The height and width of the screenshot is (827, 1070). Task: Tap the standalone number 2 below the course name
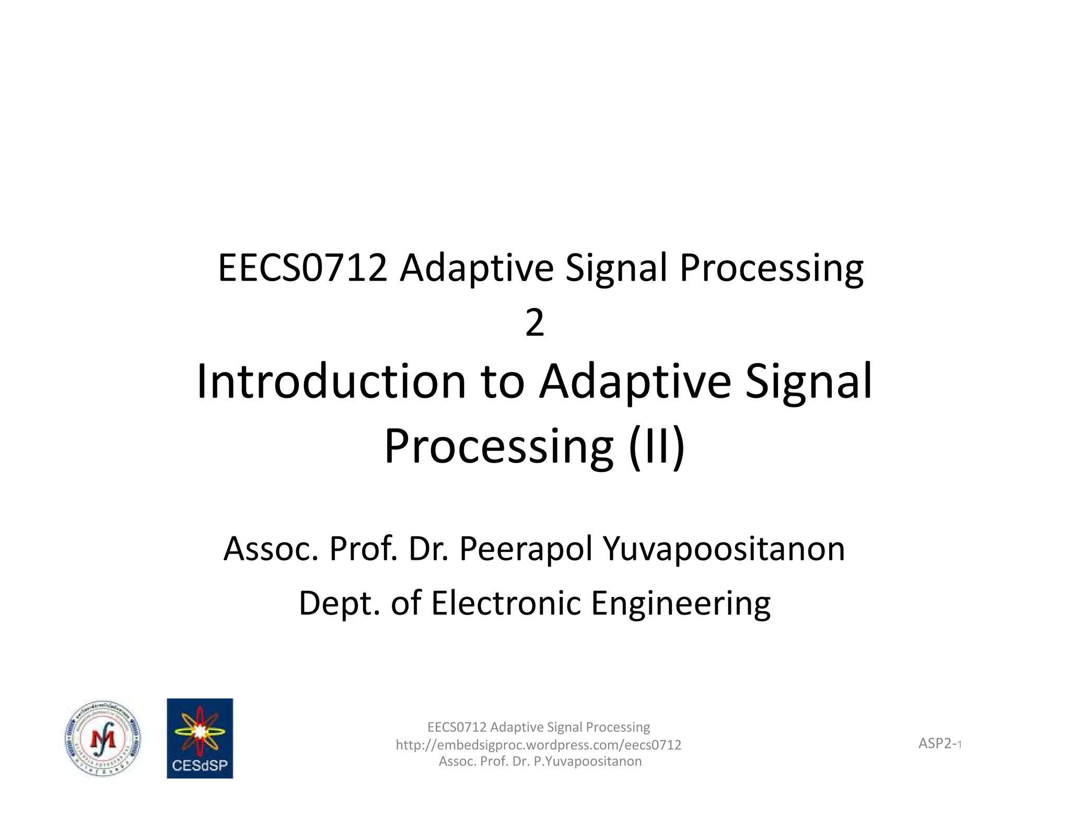click(534, 323)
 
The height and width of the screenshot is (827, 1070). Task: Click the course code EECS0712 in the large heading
click(303, 268)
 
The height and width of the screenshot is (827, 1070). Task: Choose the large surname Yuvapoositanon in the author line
click(724, 549)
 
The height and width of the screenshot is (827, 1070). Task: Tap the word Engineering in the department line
click(681, 604)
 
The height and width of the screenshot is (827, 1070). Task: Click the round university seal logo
click(103, 738)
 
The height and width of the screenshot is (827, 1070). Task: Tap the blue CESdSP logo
click(200, 738)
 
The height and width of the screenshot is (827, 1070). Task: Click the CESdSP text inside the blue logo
click(200, 765)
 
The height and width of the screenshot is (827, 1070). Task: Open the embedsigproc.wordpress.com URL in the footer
click(538, 744)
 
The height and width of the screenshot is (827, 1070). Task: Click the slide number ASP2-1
click(940, 743)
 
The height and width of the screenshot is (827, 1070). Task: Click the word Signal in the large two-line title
click(808, 382)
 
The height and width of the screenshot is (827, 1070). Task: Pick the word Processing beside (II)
click(498, 446)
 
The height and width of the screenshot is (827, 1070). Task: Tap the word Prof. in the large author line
click(363, 549)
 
